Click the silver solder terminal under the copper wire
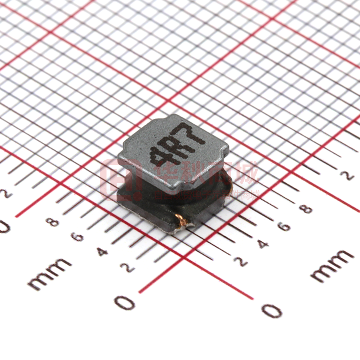[176, 227]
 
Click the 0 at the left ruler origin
[125, 303]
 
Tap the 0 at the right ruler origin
[272, 310]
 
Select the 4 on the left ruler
[102, 252]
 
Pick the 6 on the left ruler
[77, 237]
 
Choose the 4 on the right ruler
[262, 244]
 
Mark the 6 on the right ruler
[284, 227]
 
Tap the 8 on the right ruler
[306, 208]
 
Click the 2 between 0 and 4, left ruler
[128, 268]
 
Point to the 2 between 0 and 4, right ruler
[241, 261]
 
